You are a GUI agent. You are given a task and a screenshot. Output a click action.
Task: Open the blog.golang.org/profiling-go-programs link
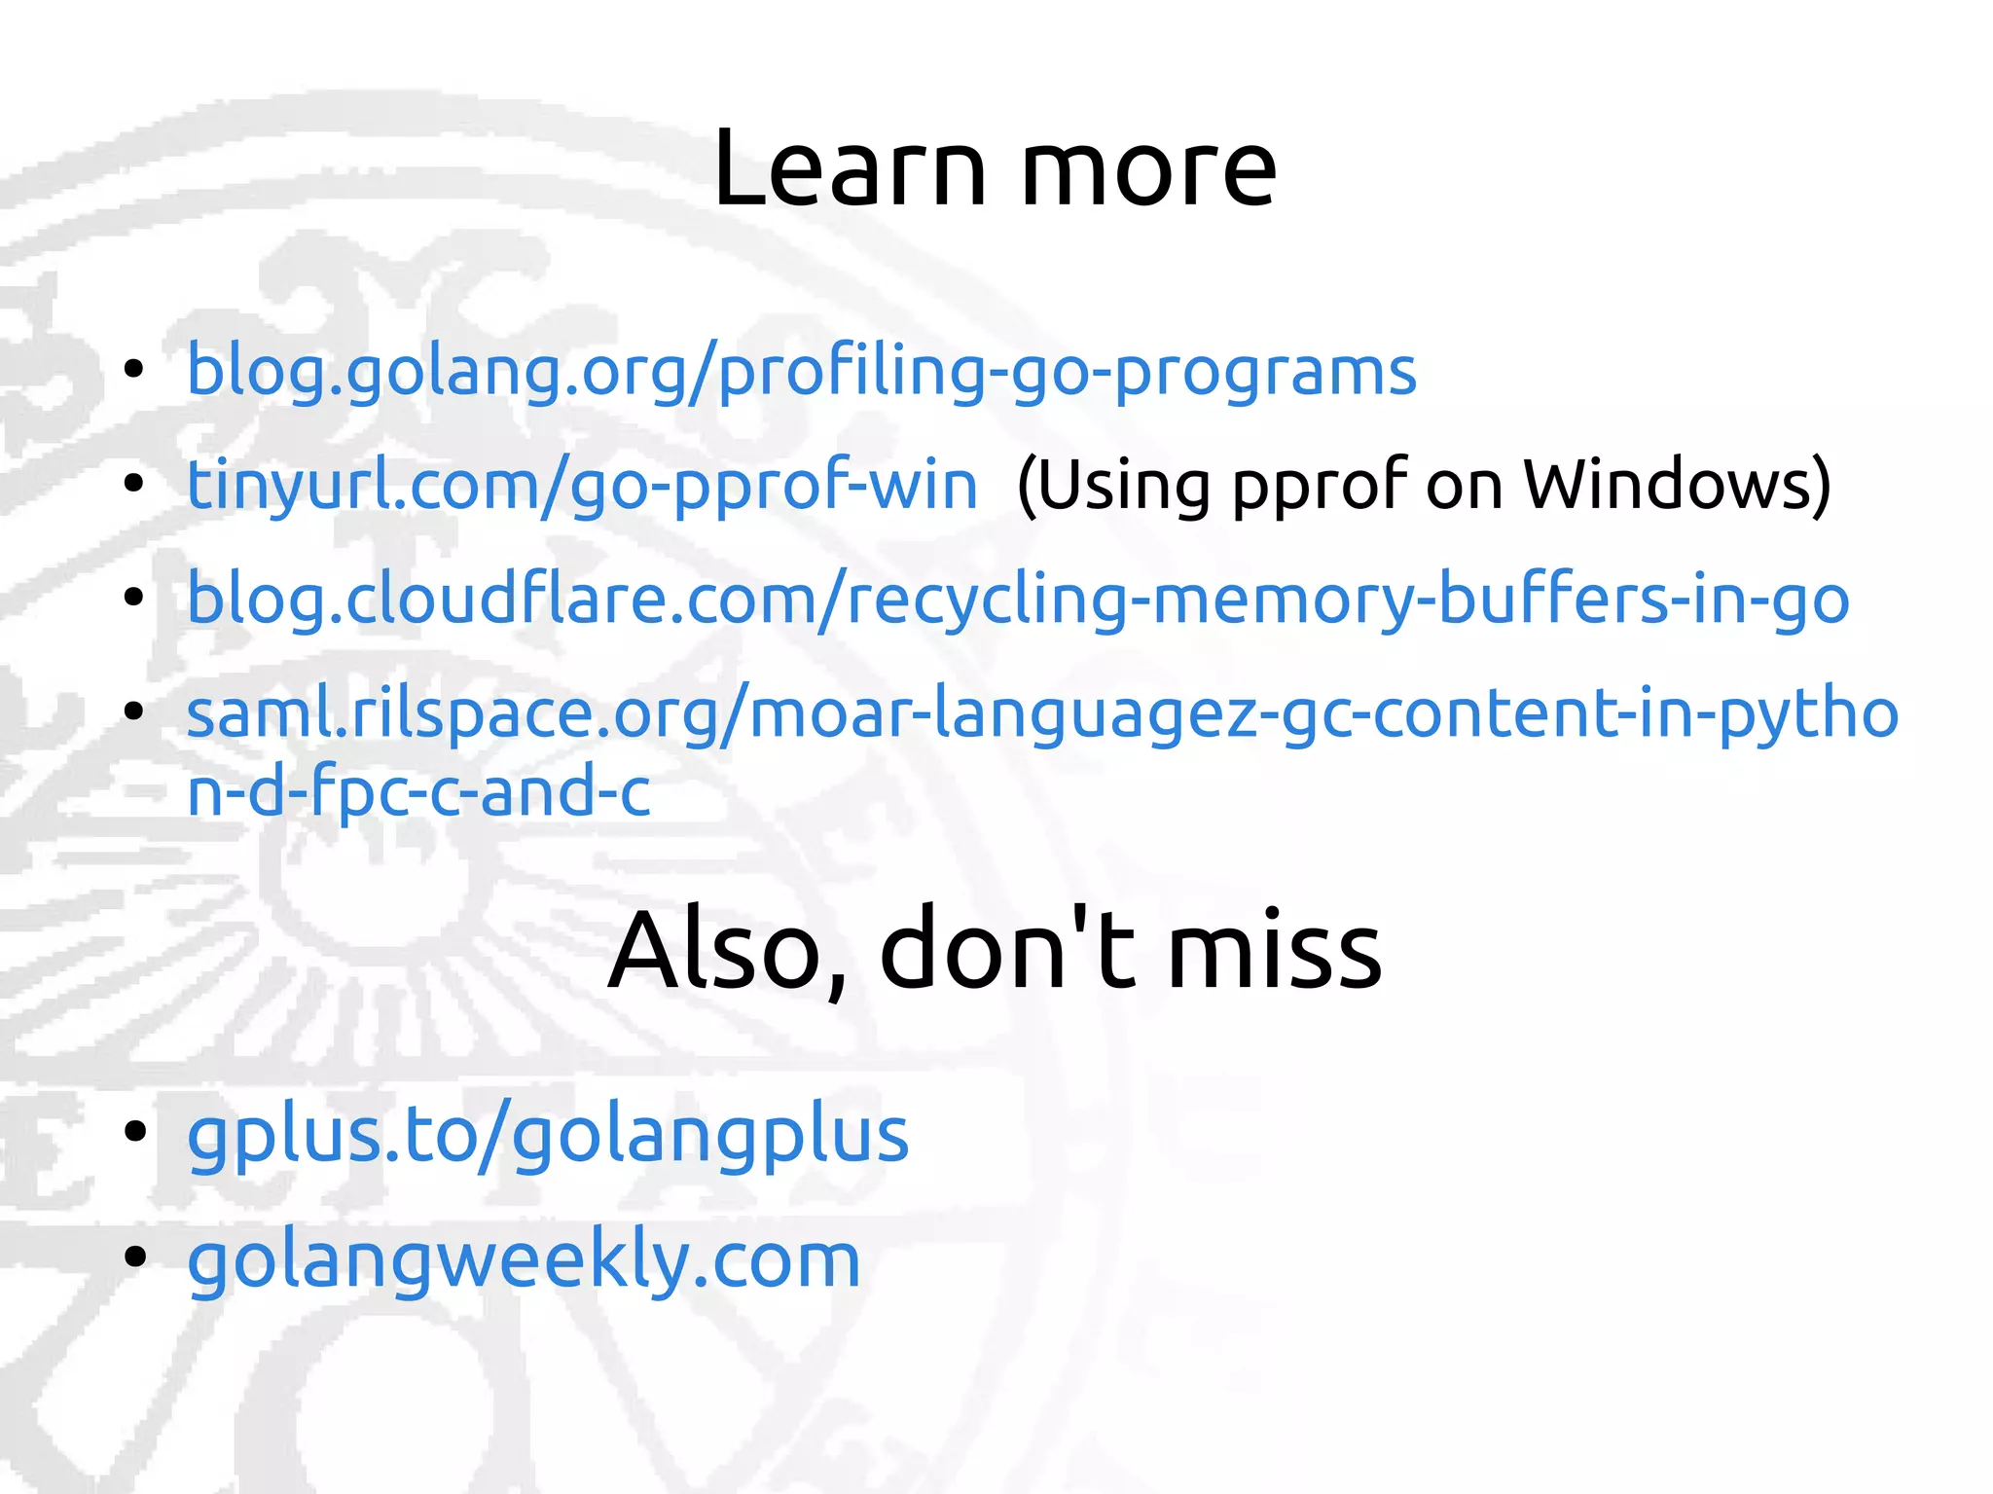click(x=801, y=373)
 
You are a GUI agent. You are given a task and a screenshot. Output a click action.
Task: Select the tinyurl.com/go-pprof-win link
click(x=582, y=486)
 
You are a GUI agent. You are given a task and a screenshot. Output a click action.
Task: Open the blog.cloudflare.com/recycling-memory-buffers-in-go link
click(x=1017, y=600)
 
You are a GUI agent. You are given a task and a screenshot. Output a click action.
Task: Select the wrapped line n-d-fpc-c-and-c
click(x=418, y=791)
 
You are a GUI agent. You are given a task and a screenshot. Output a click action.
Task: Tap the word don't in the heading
click(x=1007, y=949)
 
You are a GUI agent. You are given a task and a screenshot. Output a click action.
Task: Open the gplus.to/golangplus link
click(x=547, y=1137)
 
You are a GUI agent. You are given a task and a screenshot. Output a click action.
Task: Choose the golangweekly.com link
click(x=524, y=1260)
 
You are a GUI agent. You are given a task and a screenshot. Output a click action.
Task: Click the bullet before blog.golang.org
click(x=134, y=370)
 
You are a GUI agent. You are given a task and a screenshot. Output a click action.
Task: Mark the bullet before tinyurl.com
click(x=134, y=483)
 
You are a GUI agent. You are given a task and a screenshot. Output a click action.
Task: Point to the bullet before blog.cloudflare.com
click(x=134, y=597)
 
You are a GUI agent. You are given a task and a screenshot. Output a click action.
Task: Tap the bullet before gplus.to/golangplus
click(x=134, y=1131)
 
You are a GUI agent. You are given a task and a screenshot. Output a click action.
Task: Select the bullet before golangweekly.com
click(x=134, y=1256)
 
